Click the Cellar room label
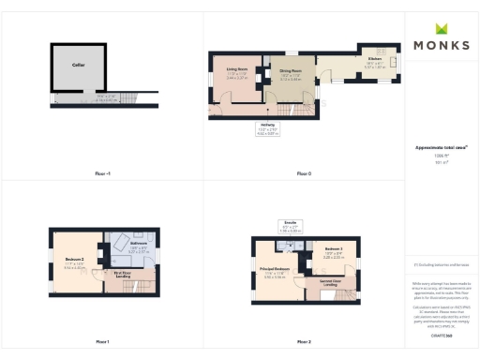click(x=78, y=66)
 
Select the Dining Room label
click(x=290, y=70)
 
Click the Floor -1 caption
click(x=101, y=173)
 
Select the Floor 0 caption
click(x=303, y=173)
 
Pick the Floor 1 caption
click(x=101, y=341)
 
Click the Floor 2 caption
click(x=303, y=341)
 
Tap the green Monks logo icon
click(x=441, y=29)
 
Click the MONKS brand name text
click(x=441, y=45)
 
